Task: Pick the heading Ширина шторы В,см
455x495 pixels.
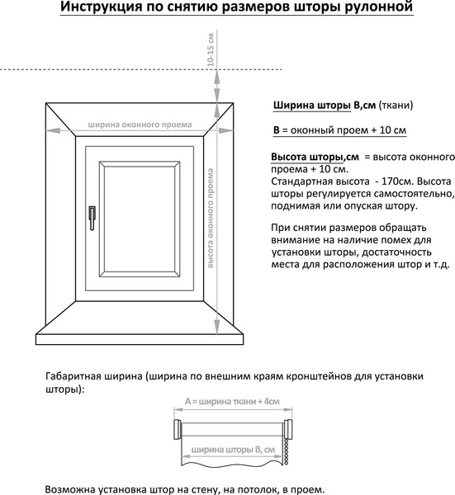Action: [323, 106]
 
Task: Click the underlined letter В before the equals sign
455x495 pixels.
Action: [276, 130]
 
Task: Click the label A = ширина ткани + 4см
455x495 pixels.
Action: [232, 402]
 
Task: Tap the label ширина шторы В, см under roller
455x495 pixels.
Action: [232, 450]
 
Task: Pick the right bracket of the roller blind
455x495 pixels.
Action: [287, 429]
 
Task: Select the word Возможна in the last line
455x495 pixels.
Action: [77, 488]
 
